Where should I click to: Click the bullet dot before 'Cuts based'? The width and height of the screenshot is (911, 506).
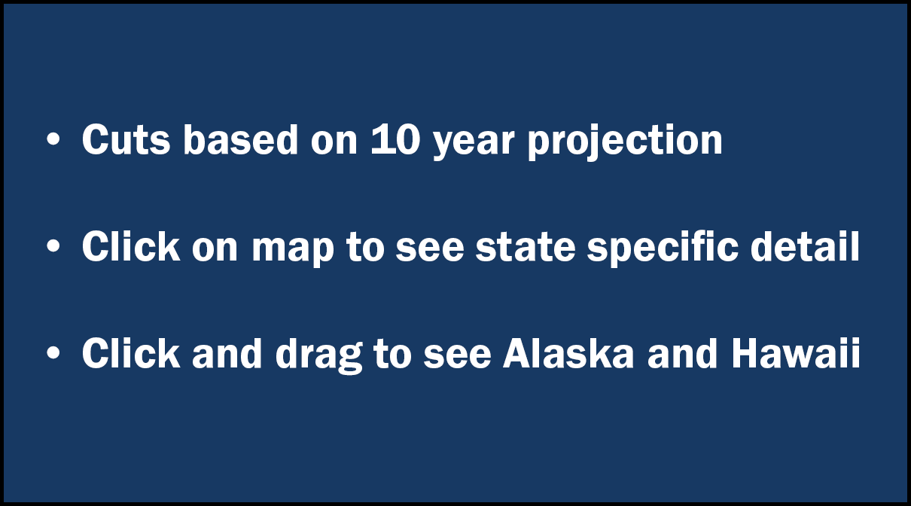53,139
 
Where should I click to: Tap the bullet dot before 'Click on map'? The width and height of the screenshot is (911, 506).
53,245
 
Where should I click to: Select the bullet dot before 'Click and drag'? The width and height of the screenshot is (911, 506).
53,352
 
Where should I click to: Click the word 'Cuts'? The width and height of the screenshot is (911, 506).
126,139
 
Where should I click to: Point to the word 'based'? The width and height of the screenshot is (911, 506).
241,139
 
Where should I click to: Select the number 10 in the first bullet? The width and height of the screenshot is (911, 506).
395,139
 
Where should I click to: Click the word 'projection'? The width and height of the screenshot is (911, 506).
625,142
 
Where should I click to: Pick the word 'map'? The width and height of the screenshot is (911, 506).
293,250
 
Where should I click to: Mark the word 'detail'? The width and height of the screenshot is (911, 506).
805,245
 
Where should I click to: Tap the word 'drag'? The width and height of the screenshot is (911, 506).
319,355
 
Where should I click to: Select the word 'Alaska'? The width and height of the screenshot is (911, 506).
568,352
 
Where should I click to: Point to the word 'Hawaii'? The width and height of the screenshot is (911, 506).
796,352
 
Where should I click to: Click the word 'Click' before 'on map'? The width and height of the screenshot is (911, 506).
131,245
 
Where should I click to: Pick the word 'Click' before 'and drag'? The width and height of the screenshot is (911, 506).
131,352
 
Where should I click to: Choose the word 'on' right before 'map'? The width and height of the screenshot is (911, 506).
215,250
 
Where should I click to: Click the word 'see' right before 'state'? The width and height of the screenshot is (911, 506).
429,250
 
